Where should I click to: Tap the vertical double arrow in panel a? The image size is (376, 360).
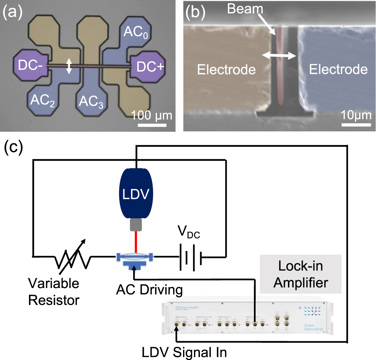[x=69, y=66]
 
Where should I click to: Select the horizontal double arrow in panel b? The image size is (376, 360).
[x=280, y=56]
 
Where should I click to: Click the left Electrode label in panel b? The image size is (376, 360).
[x=226, y=69]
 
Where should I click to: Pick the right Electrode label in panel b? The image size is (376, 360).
[x=338, y=69]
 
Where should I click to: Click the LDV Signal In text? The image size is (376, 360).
[x=185, y=353]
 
